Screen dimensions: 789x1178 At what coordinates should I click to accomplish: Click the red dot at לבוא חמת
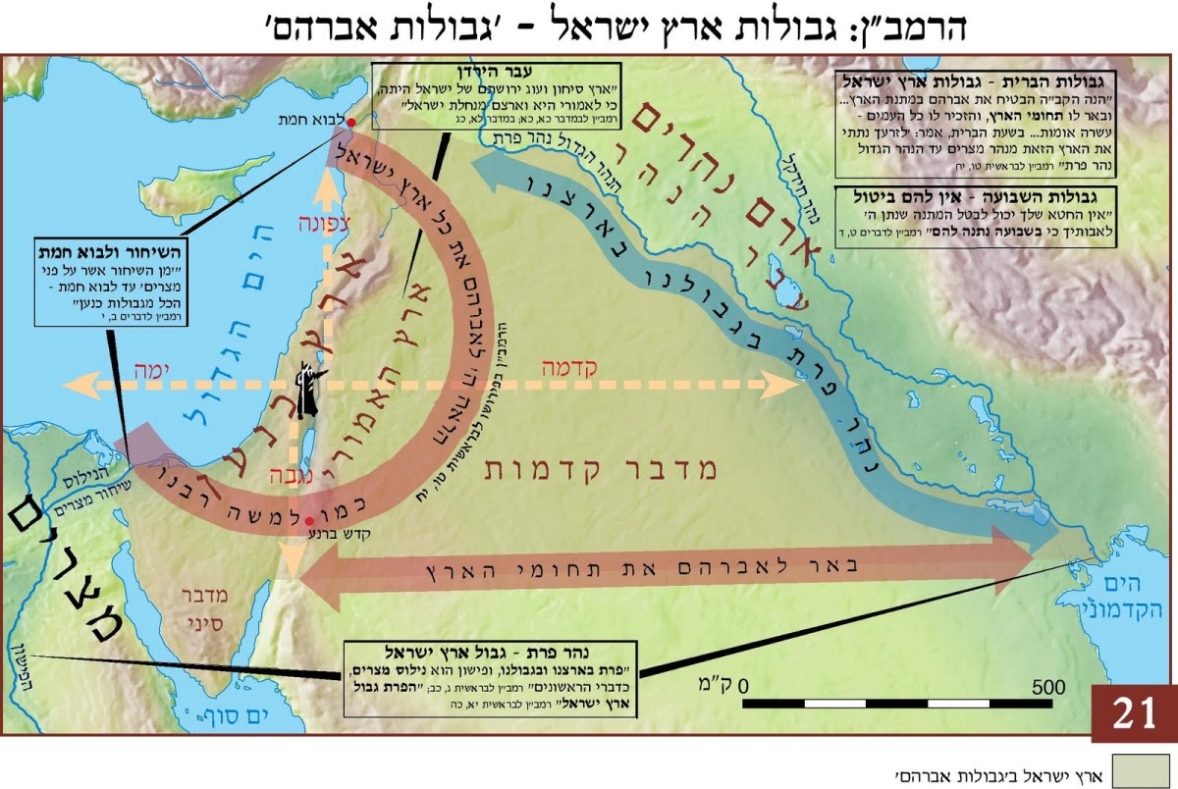351,121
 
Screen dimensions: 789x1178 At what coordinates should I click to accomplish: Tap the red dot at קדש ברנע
309,520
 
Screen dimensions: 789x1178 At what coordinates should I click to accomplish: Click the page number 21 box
1134,713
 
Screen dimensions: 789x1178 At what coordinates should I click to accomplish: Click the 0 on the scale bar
746,684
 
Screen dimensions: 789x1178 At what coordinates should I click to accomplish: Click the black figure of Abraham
307,390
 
